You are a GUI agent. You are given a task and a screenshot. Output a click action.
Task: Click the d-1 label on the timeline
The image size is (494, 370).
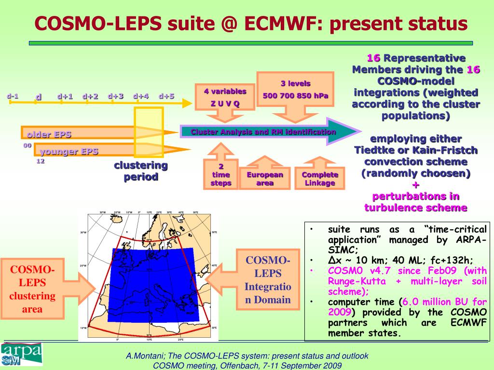click(x=13, y=96)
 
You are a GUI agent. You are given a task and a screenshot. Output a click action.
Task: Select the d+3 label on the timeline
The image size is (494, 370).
click(x=116, y=96)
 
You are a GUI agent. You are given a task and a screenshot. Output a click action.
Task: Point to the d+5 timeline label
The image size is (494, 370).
click(x=166, y=96)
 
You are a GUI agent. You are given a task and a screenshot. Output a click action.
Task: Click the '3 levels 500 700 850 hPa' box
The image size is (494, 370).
click(x=295, y=90)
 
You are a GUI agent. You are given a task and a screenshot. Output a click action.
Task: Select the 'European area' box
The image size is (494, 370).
click(x=265, y=179)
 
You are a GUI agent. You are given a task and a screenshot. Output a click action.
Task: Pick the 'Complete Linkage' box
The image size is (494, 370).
click(x=320, y=179)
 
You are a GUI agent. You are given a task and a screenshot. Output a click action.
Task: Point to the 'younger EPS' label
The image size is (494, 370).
click(x=69, y=151)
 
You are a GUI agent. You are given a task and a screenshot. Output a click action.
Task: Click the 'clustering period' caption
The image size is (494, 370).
click(x=141, y=171)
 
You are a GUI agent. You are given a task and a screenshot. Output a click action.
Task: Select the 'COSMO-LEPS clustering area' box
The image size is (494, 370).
click(x=33, y=289)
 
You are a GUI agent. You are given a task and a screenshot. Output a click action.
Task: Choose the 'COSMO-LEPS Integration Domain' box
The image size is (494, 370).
click(x=268, y=280)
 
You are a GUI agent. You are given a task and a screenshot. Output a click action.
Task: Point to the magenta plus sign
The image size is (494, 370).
click(x=416, y=185)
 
